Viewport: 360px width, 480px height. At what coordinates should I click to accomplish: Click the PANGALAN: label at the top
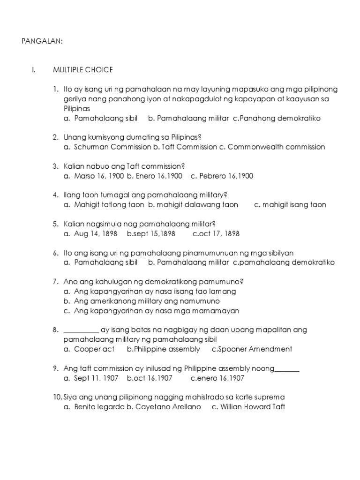point(42,41)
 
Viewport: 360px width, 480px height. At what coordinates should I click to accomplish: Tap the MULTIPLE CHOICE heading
point(83,70)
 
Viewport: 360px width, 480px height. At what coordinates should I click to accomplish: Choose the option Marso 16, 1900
point(99,176)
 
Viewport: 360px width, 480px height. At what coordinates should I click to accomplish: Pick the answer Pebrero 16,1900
point(226,176)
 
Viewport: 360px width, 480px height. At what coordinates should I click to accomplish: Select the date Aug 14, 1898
point(96,233)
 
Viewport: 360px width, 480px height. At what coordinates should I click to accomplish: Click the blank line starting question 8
point(81,330)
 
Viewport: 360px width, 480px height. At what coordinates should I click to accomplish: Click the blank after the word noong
point(287,369)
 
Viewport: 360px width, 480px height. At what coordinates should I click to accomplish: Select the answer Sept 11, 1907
point(96,378)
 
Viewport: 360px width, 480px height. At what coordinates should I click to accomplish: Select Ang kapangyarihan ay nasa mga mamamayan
point(157,310)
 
